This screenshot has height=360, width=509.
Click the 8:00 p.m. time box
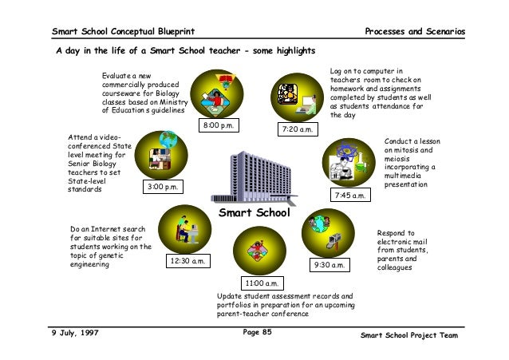click(222, 127)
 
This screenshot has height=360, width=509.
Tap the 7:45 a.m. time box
click(349, 194)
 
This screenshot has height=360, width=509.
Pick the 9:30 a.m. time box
click(329, 264)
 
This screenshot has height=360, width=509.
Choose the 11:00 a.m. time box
click(261, 283)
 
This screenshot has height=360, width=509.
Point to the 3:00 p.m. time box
click(164, 187)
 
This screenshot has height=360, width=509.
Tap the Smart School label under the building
click(254, 213)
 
